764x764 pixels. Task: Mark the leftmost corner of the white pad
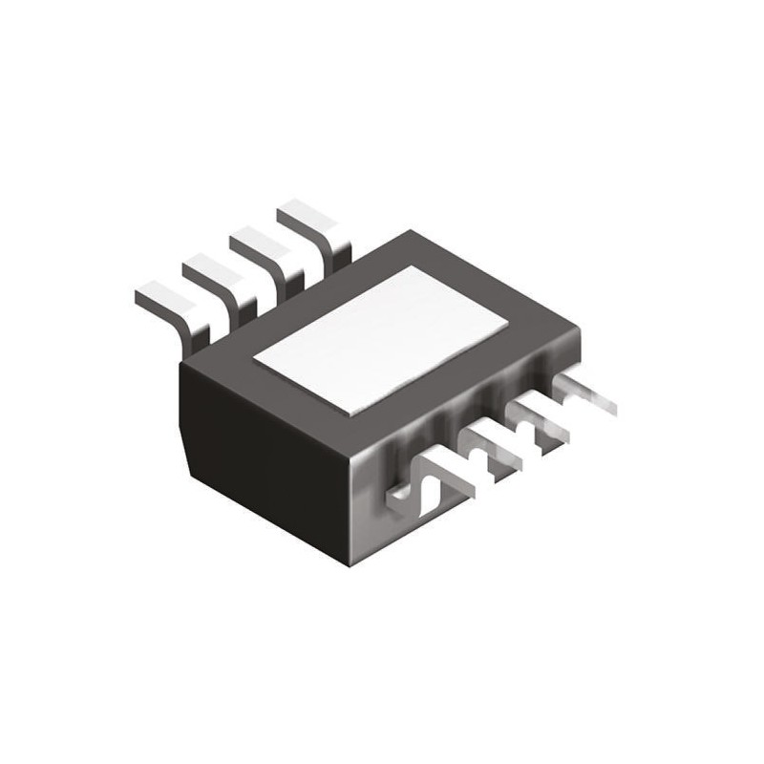click(253, 361)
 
